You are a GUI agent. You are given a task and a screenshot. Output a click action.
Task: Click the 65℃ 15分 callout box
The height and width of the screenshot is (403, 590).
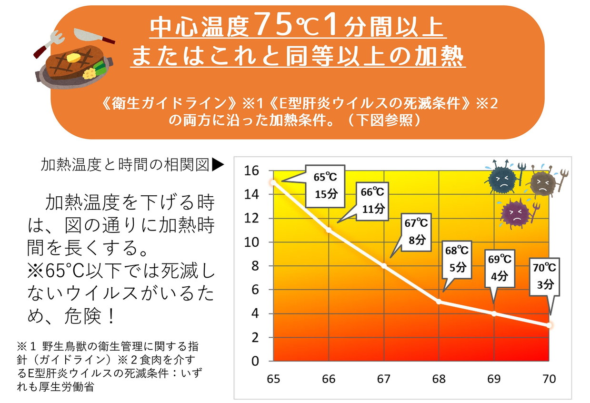[x=325, y=186]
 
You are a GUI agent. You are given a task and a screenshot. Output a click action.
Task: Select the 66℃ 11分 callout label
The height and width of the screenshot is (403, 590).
[x=373, y=200]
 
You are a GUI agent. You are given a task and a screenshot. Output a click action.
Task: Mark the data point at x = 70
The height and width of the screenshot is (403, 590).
[x=550, y=325]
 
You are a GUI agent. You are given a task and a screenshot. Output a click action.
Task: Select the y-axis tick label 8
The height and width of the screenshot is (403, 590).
[x=255, y=266]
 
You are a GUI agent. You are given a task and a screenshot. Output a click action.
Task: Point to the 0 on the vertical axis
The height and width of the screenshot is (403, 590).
[x=255, y=361]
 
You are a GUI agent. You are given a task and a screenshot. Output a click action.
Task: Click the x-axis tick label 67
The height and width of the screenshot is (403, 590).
[x=384, y=379]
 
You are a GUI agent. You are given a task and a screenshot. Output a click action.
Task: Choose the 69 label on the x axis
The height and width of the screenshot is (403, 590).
[x=494, y=379]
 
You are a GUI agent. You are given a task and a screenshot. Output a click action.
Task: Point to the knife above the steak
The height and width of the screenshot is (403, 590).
[x=93, y=35]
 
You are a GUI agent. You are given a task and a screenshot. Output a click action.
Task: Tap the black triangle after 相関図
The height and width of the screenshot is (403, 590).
[x=218, y=165]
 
